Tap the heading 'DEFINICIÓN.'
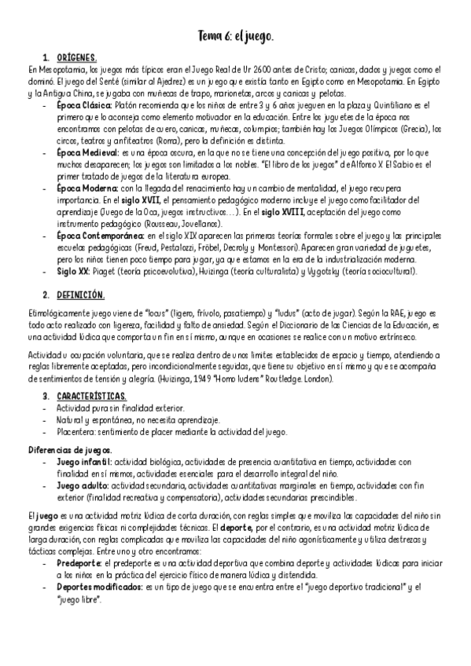coord(79,295)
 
